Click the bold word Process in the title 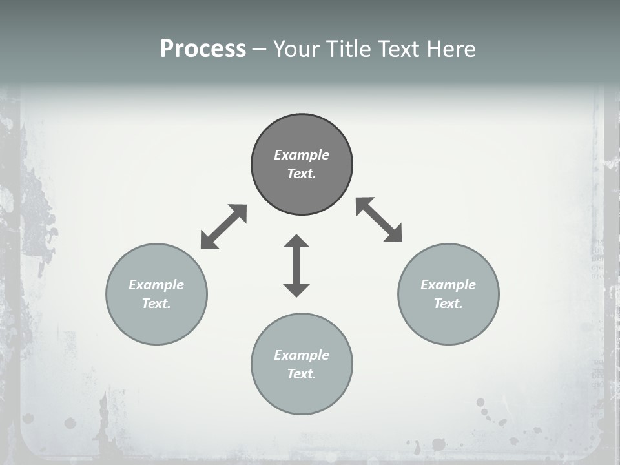point(203,49)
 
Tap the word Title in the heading point(347,49)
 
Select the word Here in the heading point(451,49)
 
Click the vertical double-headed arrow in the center point(296,266)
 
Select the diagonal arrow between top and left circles point(223,227)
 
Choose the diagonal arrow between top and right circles point(379,220)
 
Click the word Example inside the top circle point(302,155)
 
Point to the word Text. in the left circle point(156,304)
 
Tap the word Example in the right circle point(448,285)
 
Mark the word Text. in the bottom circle point(302,374)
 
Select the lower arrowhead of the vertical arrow point(296,289)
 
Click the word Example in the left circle point(156,285)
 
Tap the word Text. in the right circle point(448,304)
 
